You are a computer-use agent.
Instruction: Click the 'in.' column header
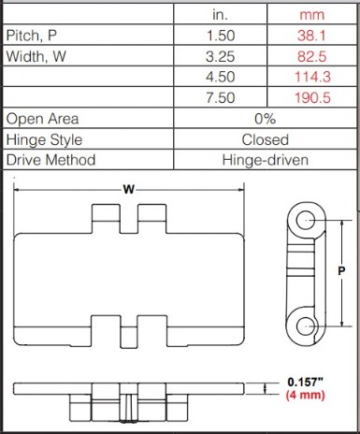coord(220,15)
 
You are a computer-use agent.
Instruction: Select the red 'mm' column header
coord(311,15)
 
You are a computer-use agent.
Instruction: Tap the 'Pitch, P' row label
coord(32,36)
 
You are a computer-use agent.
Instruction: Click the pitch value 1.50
coord(221,36)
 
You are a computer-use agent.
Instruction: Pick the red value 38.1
coord(311,36)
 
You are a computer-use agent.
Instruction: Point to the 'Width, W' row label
coord(36,56)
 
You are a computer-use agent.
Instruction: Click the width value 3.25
coord(221,56)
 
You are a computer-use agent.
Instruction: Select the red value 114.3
coord(312,77)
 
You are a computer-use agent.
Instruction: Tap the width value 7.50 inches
coord(221,98)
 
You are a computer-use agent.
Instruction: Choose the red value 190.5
coord(312,98)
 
